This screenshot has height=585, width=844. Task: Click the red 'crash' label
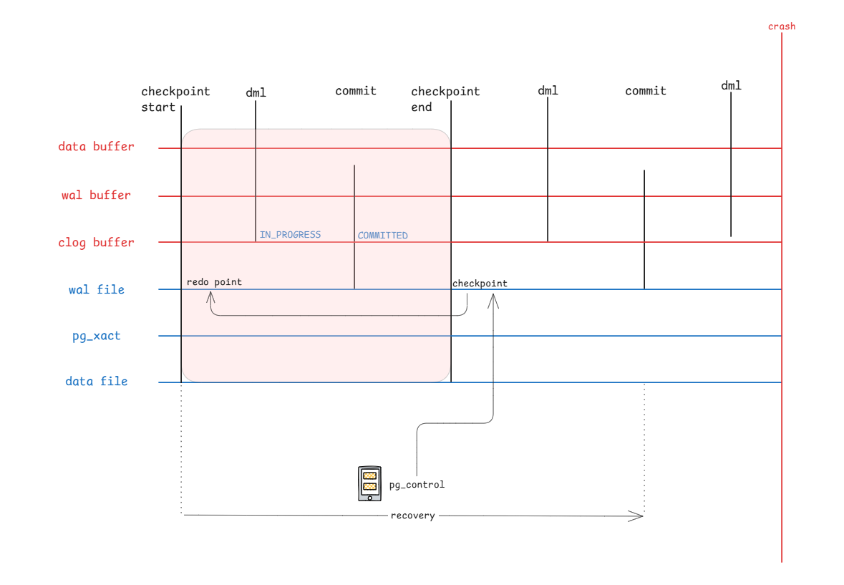(782, 26)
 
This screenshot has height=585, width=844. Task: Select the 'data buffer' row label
(96, 146)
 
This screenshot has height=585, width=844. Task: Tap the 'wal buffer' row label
(96, 195)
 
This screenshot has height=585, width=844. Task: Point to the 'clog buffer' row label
(96, 243)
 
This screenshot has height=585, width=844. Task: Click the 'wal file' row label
(97, 289)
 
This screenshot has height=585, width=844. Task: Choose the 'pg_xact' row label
(97, 337)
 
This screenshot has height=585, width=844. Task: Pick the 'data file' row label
(97, 382)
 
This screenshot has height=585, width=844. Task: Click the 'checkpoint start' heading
(175, 99)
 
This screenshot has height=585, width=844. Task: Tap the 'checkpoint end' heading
(445, 99)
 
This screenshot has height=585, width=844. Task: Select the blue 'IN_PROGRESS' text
(290, 235)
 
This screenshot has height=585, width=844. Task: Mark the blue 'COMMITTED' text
(383, 235)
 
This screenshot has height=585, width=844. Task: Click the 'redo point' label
(214, 282)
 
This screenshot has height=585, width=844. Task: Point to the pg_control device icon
(370, 483)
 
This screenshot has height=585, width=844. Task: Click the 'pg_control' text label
(417, 485)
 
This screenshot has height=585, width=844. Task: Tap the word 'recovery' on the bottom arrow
(413, 516)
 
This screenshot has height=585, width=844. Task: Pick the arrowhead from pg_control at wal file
(493, 300)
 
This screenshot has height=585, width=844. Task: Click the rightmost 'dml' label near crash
(731, 86)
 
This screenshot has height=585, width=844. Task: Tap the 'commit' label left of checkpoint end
(356, 91)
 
